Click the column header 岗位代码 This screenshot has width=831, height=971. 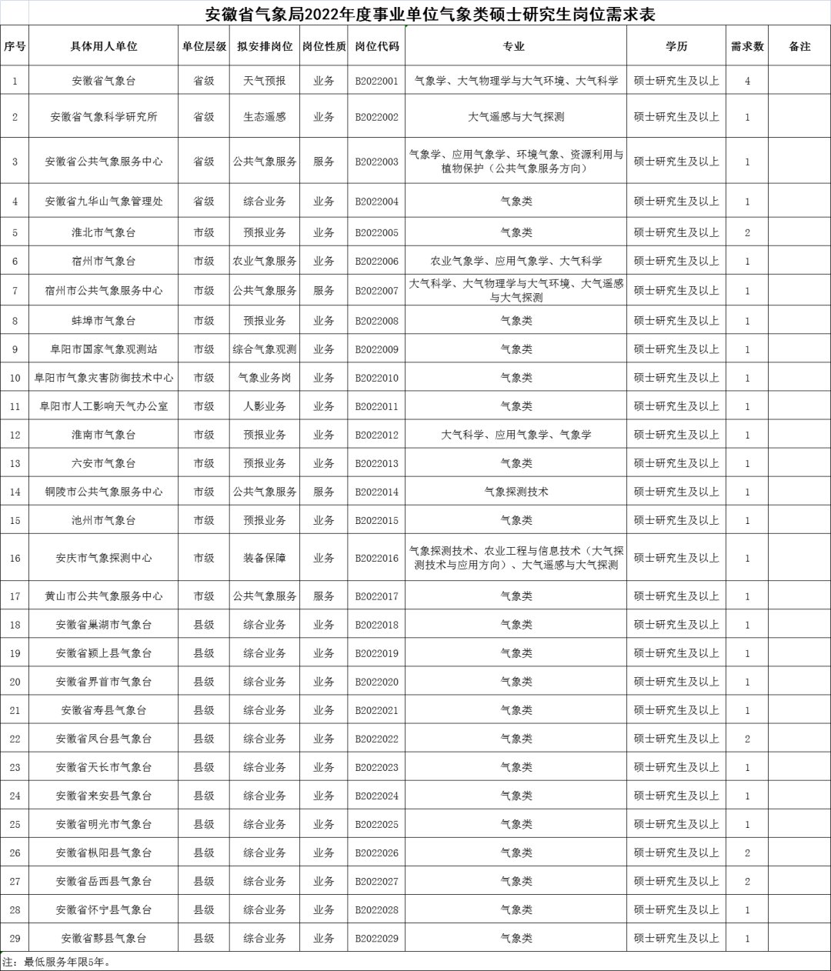tap(377, 46)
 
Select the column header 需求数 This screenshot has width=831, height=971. tap(747, 46)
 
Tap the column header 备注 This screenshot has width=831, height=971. tap(799, 46)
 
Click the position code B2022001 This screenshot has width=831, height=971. tap(377, 81)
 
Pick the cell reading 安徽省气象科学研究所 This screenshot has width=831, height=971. tap(104, 117)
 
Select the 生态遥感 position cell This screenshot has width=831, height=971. tap(265, 117)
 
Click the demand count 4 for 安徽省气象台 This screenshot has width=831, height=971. tap(747, 81)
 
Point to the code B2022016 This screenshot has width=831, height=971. tap(377, 558)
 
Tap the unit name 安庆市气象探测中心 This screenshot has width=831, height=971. tap(104, 558)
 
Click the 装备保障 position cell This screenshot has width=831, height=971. tap(265, 558)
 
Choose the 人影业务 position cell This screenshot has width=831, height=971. tap(265, 406)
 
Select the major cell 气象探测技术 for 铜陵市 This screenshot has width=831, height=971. tap(516, 492)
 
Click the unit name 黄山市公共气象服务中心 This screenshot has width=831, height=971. tap(104, 596)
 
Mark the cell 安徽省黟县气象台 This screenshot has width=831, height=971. tap(104, 938)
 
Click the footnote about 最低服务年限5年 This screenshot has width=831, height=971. tap(58, 962)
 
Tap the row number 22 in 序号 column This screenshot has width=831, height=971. tap(15, 739)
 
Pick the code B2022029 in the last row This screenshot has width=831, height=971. tap(377, 938)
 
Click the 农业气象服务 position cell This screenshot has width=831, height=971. tap(265, 261)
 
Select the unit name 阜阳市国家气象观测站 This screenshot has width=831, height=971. tap(104, 349)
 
